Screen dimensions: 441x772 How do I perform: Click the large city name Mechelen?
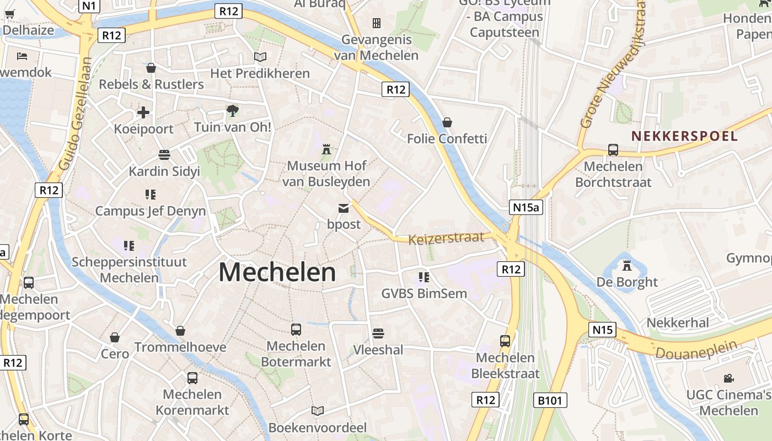point(277,272)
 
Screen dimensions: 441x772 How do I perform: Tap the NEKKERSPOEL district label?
point(684,136)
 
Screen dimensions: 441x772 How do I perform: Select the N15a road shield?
point(526,207)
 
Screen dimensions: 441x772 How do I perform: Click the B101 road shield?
point(550,400)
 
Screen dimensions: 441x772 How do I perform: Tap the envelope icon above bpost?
point(344,208)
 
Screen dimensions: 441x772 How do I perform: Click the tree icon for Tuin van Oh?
point(233,111)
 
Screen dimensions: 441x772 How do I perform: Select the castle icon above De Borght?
point(627,265)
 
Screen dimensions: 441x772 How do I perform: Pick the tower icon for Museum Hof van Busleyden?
point(327,149)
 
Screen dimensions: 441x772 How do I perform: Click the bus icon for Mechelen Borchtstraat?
point(613,149)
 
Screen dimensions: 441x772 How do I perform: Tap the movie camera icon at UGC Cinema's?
point(728,378)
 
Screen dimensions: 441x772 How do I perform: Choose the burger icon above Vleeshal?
point(378,333)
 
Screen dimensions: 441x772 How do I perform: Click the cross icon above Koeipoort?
point(143,112)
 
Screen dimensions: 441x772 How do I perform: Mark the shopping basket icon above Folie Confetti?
point(447,122)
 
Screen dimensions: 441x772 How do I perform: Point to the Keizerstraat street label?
point(446,238)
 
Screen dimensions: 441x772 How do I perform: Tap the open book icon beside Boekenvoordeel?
point(317,411)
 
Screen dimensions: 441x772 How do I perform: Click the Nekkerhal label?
point(678,322)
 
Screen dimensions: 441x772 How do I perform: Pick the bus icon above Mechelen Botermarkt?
point(296,330)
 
